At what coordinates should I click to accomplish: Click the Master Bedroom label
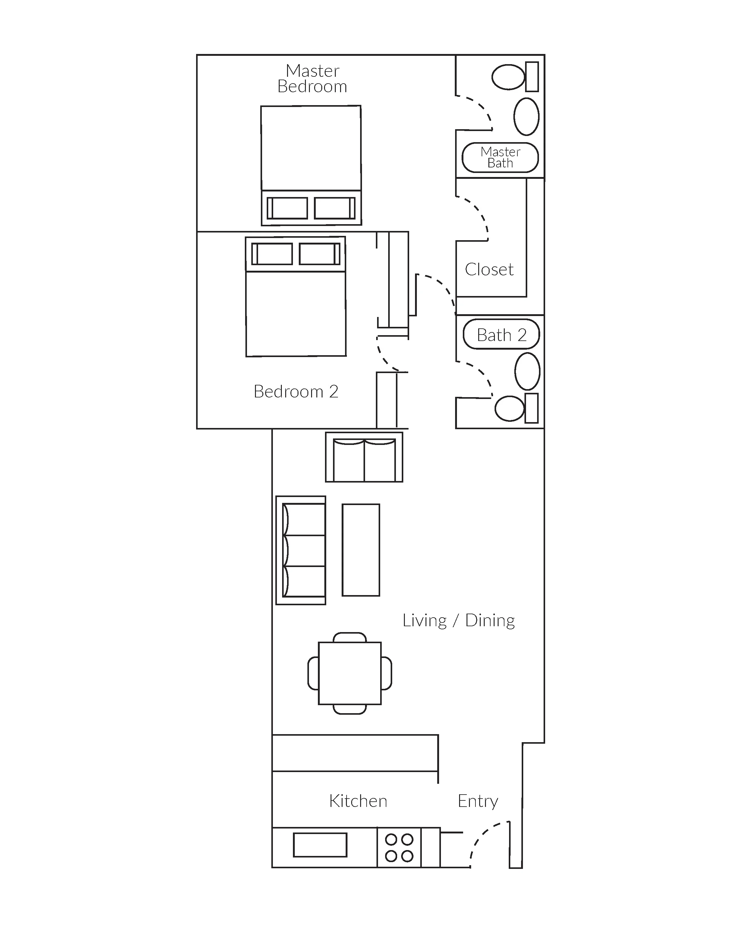(x=312, y=79)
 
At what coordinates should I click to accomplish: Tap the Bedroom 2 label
(x=296, y=391)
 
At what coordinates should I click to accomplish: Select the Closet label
(x=489, y=269)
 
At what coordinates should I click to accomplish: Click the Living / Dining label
(x=458, y=620)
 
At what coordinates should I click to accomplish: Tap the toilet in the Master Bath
(x=515, y=77)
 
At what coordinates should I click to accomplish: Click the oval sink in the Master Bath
(x=526, y=117)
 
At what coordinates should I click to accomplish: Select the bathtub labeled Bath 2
(x=501, y=334)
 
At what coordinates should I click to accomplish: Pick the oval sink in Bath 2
(x=527, y=371)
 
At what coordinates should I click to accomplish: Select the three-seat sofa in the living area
(x=301, y=550)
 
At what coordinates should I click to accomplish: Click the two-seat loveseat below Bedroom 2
(x=364, y=457)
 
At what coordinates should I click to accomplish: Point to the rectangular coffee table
(x=361, y=550)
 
